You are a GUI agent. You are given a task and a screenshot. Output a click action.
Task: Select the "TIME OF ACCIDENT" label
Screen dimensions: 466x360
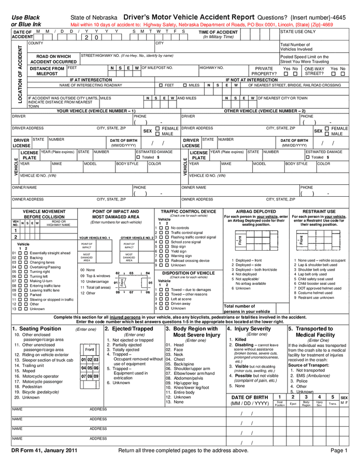(x=218, y=32)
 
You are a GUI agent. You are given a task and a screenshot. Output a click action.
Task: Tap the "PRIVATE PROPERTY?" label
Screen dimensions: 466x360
(x=264, y=71)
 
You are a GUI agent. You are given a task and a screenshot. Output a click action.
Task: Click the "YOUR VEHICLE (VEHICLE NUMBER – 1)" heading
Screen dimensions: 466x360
(x=96, y=111)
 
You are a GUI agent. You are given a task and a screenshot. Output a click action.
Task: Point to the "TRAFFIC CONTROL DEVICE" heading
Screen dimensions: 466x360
(x=188, y=212)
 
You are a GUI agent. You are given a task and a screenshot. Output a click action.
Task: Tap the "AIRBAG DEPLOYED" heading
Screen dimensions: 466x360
(x=256, y=212)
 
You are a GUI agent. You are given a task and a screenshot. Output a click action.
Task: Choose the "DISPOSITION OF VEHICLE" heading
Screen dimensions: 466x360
(x=188, y=273)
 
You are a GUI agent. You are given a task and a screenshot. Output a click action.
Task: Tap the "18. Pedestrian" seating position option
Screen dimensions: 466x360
(x=32, y=386)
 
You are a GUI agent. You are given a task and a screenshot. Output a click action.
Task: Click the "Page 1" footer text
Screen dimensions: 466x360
(x=339, y=450)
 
